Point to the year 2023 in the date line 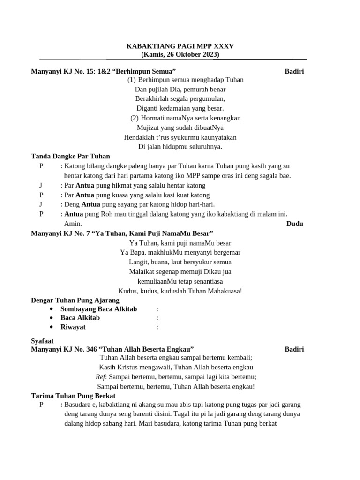pos(210,54)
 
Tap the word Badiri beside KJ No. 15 pos(294,71)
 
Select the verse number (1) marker pos(131,80)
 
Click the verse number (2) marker pos(135,118)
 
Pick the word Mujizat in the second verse pos(147,127)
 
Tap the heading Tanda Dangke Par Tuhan pos(70,156)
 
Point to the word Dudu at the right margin pos(294,224)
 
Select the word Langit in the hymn pos(138,262)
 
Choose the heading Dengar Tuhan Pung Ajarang pos(75,300)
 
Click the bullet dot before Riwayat pos(51,327)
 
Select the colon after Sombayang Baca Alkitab pos(157,309)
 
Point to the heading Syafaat pos(42,341)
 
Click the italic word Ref pos(100,377)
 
